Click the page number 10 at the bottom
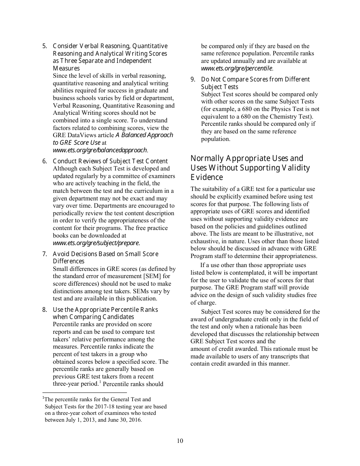pos(180,441)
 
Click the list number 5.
pos(44,46)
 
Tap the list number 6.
pos(44,161)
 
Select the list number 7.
pos(44,254)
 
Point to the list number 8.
pos(44,310)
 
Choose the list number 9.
pos(193,80)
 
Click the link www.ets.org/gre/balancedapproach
pos(100,150)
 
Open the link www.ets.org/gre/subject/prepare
pos(96,243)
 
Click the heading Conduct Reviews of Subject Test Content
pos(110,161)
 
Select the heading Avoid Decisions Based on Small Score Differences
pos(105,258)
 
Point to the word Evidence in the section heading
pos(207,177)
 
